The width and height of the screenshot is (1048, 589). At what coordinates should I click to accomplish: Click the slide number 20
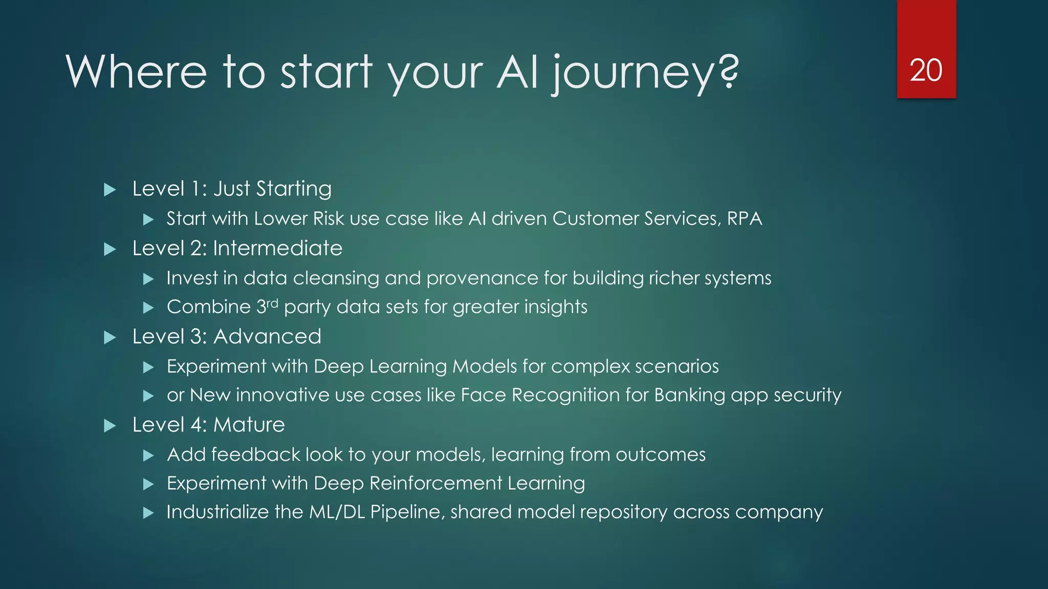(926, 70)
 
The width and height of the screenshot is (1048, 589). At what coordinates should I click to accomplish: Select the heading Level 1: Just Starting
(231, 189)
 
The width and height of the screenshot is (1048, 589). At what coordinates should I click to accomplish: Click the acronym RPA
(745, 219)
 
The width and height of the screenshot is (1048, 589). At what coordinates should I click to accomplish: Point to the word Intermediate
(277, 248)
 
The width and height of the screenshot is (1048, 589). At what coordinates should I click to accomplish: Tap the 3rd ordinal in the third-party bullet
(266, 306)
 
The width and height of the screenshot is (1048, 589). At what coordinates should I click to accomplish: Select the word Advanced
(267, 337)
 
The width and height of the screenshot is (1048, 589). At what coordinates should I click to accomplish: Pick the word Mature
(249, 425)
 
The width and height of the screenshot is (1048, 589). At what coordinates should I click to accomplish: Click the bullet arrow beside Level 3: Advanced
(110, 337)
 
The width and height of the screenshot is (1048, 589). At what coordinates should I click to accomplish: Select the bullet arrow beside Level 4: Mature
(110, 426)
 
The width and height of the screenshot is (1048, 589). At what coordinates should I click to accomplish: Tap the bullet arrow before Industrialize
(148, 513)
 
